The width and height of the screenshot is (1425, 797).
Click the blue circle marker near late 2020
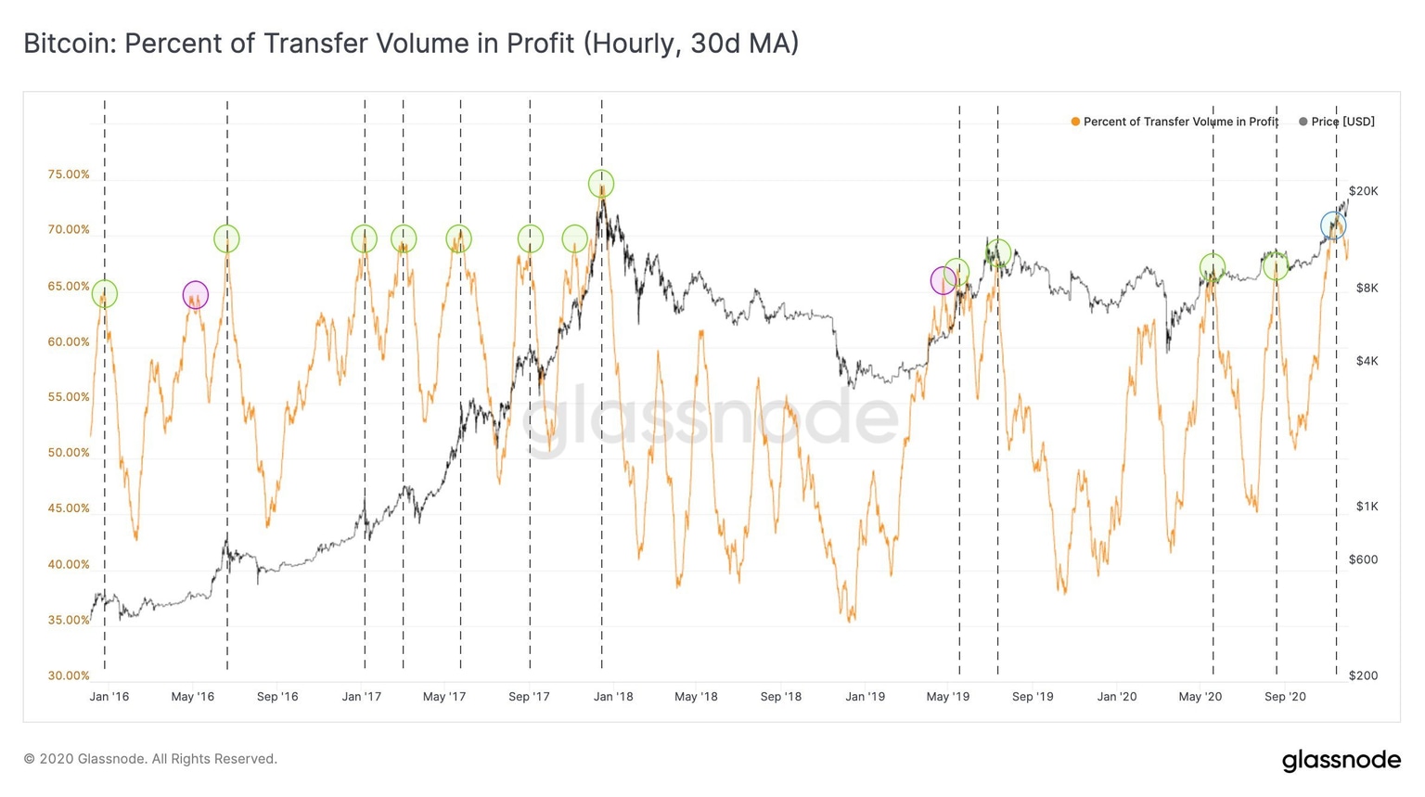tap(1333, 225)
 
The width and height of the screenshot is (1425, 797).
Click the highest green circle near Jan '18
tap(601, 184)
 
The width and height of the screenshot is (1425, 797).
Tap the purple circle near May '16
tap(195, 295)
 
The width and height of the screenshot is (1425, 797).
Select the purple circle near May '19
tap(944, 280)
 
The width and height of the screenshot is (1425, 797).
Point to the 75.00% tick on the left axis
tap(69, 174)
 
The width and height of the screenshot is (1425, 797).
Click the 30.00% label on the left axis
tap(69, 675)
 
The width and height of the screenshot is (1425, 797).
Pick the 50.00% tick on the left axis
tap(69, 453)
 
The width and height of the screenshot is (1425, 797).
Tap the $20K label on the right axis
tap(1363, 191)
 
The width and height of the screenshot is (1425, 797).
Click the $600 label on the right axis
tap(1363, 559)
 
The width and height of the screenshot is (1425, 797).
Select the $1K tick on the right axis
tap(1367, 507)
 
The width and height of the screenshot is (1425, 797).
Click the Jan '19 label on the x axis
tap(865, 696)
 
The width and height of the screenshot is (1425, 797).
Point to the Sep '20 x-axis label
tap(1285, 696)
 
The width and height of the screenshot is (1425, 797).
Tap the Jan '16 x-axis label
tap(109, 696)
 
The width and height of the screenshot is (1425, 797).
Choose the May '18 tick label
tap(696, 696)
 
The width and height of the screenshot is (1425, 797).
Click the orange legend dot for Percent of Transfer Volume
tap(1075, 122)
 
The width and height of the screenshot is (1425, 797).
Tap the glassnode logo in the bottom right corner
tap(1341, 760)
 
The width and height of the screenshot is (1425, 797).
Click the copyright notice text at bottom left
tap(150, 759)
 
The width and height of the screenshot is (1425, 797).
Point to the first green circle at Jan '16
tap(105, 294)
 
